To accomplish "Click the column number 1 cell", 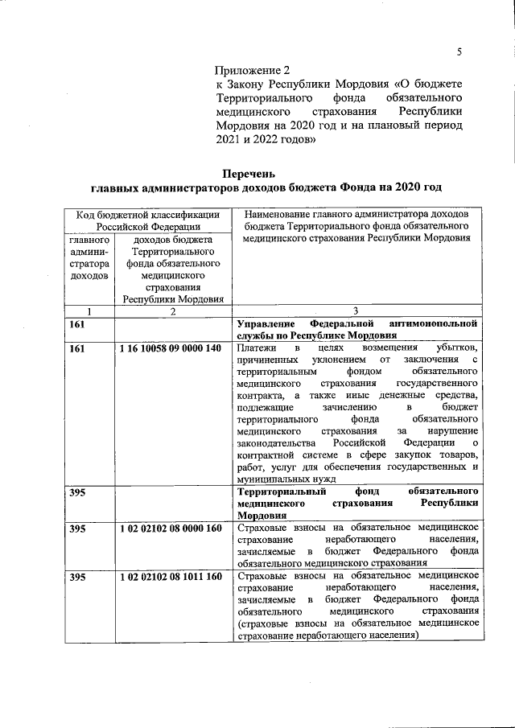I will (89, 311).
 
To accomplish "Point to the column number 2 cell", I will (172, 311).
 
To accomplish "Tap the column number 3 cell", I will (356, 311).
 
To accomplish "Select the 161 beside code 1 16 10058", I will (77, 348).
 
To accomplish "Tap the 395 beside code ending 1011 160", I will (77, 577).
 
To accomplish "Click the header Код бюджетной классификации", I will (148, 215).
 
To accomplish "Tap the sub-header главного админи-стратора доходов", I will (89, 257).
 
